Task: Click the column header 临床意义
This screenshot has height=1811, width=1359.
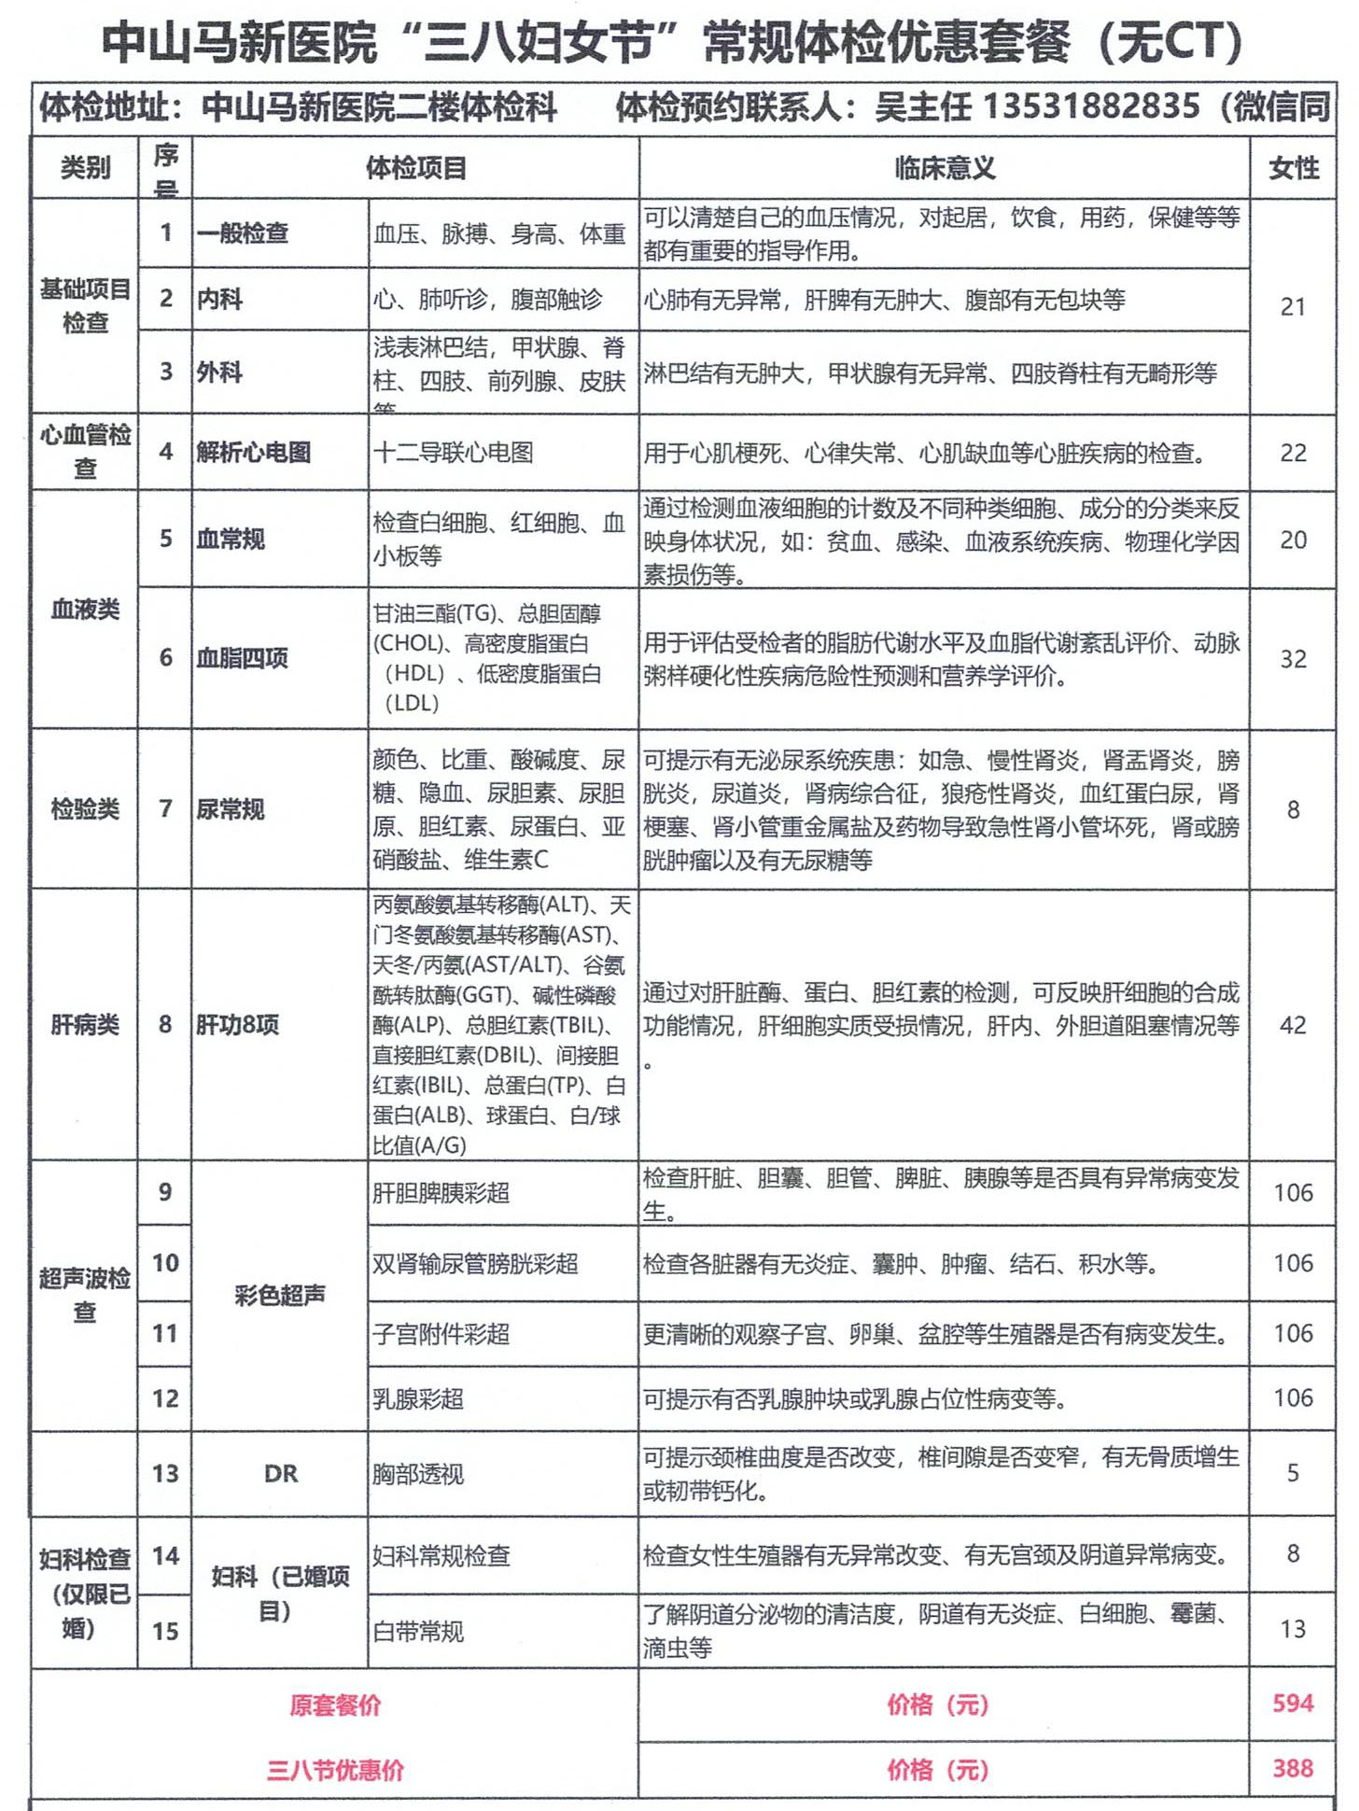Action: [x=945, y=168]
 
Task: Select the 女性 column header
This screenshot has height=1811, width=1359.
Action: [x=1293, y=168]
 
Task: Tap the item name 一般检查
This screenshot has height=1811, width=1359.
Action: [x=242, y=233]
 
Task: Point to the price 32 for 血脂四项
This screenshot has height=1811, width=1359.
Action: [x=1293, y=659]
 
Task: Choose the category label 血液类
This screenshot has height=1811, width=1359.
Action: [x=85, y=610]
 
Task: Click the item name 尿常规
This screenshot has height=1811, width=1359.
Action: [x=231, y=808]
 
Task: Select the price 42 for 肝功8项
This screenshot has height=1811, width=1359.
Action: [x=1293, y=1025]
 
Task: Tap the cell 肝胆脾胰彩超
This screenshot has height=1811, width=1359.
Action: [x=441, y=1192]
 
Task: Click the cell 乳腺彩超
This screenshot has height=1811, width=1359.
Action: [x=417, y=1398]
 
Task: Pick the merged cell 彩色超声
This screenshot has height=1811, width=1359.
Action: [x=280, y=1295]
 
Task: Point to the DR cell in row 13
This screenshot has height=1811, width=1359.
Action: [x=280, y=1473]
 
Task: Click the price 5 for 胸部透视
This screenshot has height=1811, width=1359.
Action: [x=1293, y=1473]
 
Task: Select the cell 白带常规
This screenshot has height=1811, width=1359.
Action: [x=417, y=1631]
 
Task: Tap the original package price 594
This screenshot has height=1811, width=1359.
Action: [x=1293, y=1704]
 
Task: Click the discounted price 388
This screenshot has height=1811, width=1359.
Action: [x=1293, y=1768]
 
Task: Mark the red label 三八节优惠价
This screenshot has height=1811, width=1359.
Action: [x=335, y=1770]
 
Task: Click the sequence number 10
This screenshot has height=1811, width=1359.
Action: [x=165, y=1263]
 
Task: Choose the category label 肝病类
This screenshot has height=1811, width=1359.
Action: [x=85, y=1025]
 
